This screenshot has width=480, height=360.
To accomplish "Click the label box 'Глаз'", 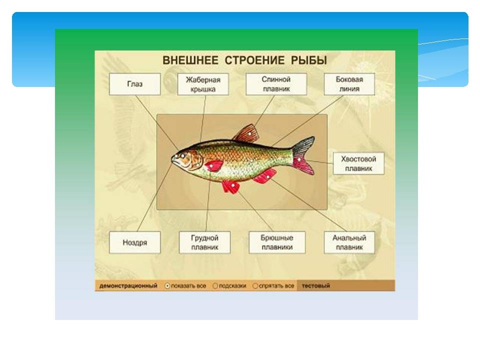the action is coord(134,84).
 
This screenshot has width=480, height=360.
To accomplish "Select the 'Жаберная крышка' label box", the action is coord(203,84).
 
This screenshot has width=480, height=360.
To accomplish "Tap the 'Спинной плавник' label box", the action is coord(276,84).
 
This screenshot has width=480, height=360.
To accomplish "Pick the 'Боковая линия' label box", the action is coord(349,84).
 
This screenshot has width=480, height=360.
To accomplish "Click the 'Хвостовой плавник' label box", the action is coord(358,163).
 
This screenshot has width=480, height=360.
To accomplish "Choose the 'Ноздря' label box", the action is coord(134,242).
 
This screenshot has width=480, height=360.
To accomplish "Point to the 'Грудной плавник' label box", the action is coord(204,242).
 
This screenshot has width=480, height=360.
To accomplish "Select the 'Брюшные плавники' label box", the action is coord(277,242).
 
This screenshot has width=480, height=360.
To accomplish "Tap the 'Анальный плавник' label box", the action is coord(349,242).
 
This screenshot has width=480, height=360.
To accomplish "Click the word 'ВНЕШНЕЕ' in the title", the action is coord(190,60).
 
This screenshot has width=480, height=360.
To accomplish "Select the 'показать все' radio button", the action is coord(167,286).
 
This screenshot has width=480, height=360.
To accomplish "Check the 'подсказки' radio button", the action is coord(215,286).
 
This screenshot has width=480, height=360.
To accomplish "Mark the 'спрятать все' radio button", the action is coord(255,286).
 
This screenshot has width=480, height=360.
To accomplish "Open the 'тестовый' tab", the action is coord(316,286).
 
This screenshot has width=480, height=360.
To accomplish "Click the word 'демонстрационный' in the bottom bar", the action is coord(128,286).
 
